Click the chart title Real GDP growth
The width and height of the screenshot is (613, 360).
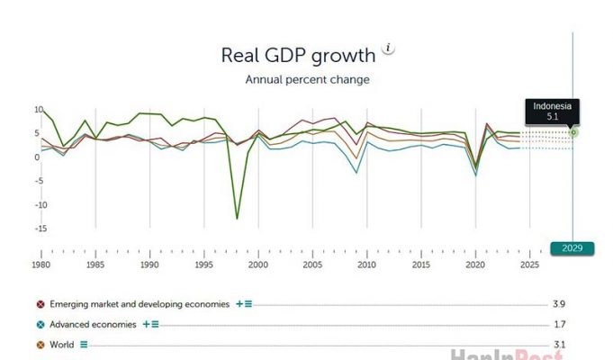click(x=298, y=55)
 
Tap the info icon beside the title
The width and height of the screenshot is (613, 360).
click(x=388, y=48)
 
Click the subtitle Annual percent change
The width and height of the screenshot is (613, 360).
click(x=308, y=79)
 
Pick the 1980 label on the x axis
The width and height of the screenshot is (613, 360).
click(x=41, y=265)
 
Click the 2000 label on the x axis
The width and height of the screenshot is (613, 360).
click(x=258, y=265)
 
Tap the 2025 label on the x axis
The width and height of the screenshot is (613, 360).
click(x=529, y=265)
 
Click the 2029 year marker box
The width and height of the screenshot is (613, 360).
click(x=572, y=248)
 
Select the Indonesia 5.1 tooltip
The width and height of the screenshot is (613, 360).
click(x=552, y=111)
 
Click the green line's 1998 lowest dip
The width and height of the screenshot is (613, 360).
click(x=237, y=218)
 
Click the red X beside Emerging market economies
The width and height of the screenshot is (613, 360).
click(x=41, y=304)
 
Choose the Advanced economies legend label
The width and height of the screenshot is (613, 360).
click(x=94, y=324)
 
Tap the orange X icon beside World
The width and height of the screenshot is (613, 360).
click(x=41, y=344)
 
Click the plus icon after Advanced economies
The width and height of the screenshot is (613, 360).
click(x=145, y=324)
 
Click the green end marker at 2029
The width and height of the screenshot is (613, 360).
click(x=573, y=132)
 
